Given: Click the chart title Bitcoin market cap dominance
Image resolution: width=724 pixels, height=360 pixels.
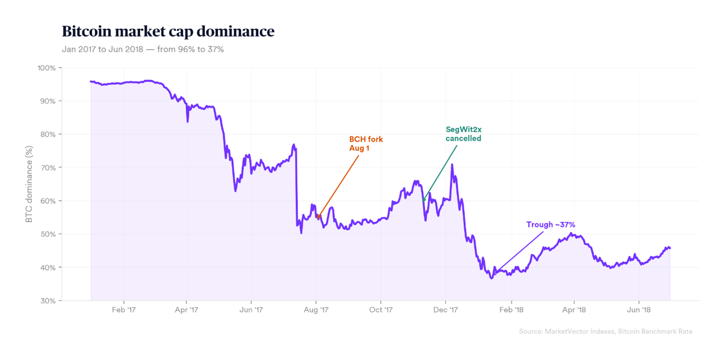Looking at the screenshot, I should tap(168, 31).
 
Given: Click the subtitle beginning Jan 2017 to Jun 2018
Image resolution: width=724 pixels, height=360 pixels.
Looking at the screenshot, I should tap(143, 50).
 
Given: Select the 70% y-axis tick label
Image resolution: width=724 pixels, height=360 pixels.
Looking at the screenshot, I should tap(49, 168).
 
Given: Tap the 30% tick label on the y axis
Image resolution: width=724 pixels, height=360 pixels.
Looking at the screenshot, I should tap(49, 301).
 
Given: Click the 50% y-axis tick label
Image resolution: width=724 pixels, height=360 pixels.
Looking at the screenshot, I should tap(49, 234).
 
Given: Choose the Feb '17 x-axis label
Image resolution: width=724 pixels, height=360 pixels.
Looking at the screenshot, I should tap(123, 309).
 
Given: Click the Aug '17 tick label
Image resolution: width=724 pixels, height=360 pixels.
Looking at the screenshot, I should tap(316, 309).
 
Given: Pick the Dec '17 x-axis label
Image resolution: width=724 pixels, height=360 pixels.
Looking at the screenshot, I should tap(446, 309).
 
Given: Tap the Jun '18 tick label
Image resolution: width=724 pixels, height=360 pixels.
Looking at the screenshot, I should tap(639, 309).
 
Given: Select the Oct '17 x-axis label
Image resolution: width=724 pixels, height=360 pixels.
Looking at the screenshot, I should tap(381, 309).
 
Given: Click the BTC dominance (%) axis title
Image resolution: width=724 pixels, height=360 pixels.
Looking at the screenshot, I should tap(29, 184).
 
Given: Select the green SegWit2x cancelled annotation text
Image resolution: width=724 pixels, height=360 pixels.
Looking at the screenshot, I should tap(463, 134).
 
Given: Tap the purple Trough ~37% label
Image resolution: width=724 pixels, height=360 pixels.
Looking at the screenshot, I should tap(550, 225).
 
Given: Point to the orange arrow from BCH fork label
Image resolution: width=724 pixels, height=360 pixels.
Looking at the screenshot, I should tap(338, 186).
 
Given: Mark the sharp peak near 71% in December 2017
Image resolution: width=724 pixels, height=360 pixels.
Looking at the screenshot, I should tap(452, 165).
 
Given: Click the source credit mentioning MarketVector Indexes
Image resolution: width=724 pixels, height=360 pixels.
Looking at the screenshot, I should tap(605, 332).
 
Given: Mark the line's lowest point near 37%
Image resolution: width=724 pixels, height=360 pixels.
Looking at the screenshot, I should tap(491, 278).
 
